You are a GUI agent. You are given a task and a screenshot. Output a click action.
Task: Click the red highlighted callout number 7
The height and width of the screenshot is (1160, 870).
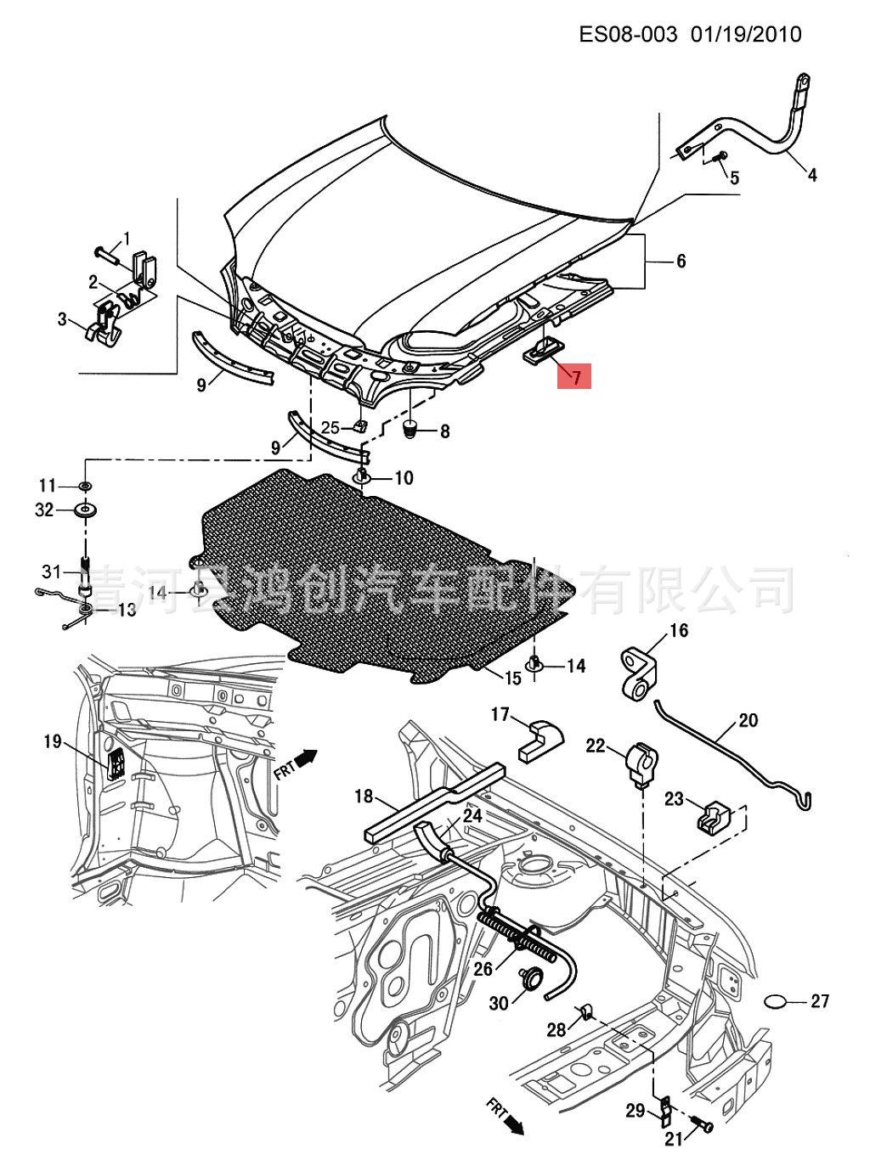click(x=577, y=375)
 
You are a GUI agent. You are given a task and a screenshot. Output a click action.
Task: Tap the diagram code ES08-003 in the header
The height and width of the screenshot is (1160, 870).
click(x=629, y=34)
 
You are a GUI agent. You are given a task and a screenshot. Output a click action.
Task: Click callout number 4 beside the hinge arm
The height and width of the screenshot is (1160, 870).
click(x=812, y=176)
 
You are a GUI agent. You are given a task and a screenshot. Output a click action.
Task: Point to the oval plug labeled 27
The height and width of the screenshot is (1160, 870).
click(x=778, y=1002)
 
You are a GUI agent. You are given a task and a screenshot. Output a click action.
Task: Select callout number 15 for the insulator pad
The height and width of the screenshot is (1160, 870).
click(x=512, y=678)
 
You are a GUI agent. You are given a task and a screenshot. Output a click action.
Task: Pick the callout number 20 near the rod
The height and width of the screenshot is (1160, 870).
click(x=748, y=721)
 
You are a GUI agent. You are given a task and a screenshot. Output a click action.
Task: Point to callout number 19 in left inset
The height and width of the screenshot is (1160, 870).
click(x=53, y=742)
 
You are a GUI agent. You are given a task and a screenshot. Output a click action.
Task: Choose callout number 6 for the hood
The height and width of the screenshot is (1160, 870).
click(x=681, y=262)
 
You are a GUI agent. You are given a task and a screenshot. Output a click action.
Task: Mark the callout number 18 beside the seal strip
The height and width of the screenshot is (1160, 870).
click(x=364, y=797)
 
